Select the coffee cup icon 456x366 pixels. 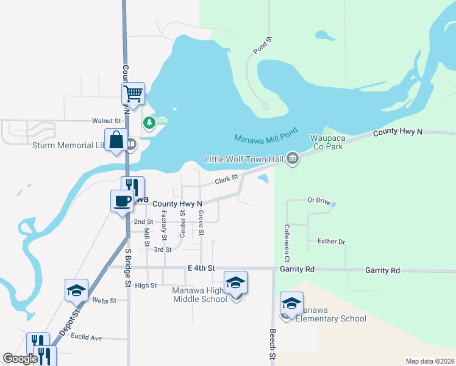(122, 201)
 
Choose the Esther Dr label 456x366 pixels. (332, 242)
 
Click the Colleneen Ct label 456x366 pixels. (286, 243)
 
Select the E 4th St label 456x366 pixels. (202, 268)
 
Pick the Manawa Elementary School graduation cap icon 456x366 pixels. (292, 303)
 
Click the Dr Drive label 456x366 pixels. (319, 200)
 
